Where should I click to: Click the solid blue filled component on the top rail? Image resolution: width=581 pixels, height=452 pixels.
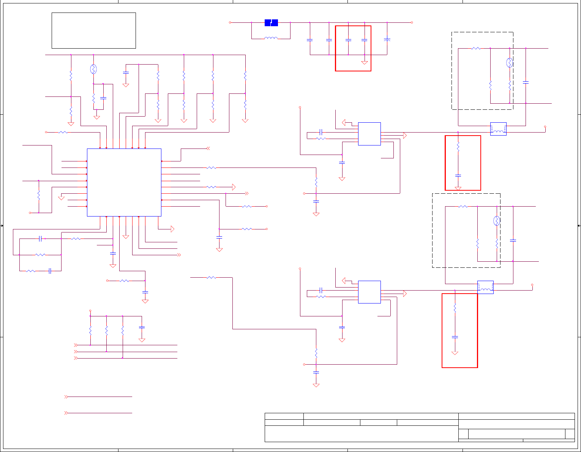(x=271, y=23)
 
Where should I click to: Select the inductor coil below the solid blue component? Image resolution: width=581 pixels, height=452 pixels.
(x=271, y=38)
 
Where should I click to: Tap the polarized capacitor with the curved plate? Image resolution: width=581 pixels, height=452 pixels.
(x=387, y=39)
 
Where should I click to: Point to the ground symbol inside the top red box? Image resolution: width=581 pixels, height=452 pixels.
(x=365, y=63)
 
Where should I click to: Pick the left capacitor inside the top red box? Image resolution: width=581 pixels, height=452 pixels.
(x=348, y=40)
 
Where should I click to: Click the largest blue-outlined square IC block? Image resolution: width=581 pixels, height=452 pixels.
(x=124, y=182)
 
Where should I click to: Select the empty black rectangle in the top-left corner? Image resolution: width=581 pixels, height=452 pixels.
(x=94, y=30)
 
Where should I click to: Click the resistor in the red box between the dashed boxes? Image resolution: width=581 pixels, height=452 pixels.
(x=458, y=147)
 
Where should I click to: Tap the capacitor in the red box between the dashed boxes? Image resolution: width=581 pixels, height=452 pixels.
(x=458, y=175)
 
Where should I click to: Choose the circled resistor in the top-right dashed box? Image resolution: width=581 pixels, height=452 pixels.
(x=510, y=63)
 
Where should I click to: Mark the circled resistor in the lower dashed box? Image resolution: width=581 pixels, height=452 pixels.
(x=497, y=221)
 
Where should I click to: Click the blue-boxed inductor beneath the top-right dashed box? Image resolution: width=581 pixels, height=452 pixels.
(x=498, y=129)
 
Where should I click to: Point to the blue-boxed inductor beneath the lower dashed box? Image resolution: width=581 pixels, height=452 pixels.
(x=485, y=288)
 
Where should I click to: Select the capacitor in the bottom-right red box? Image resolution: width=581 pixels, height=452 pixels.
(x=455, y=337)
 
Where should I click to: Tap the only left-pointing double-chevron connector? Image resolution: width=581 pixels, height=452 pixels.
(x=208, y=149)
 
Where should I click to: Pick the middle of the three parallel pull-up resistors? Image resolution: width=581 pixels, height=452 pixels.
(x=106, y=330)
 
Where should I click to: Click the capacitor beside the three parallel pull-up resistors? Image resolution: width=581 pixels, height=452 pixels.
(x=142, y=327)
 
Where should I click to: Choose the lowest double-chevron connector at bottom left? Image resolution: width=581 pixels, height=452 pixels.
(x=66, y=413)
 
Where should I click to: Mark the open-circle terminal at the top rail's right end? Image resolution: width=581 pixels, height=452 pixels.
(x=412, y=22)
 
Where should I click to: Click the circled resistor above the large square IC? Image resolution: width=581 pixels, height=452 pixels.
(x=93, y=69)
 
